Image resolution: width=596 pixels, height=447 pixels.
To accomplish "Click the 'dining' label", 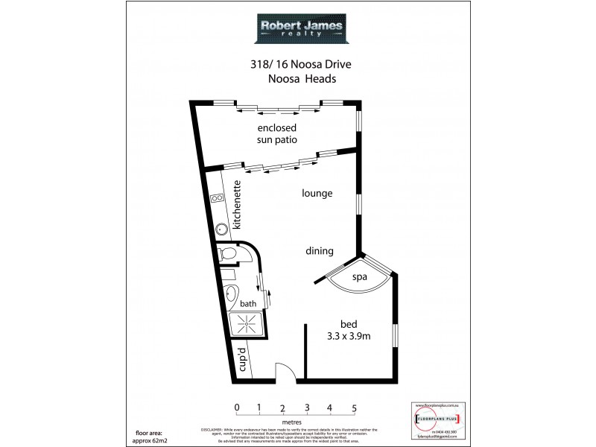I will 319,251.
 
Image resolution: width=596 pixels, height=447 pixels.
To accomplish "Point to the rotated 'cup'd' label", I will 241,359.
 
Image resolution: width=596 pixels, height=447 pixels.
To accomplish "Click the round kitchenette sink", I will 221,229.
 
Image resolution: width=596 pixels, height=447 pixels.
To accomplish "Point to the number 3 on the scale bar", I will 306,408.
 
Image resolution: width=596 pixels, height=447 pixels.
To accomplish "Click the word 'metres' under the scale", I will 295,422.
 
